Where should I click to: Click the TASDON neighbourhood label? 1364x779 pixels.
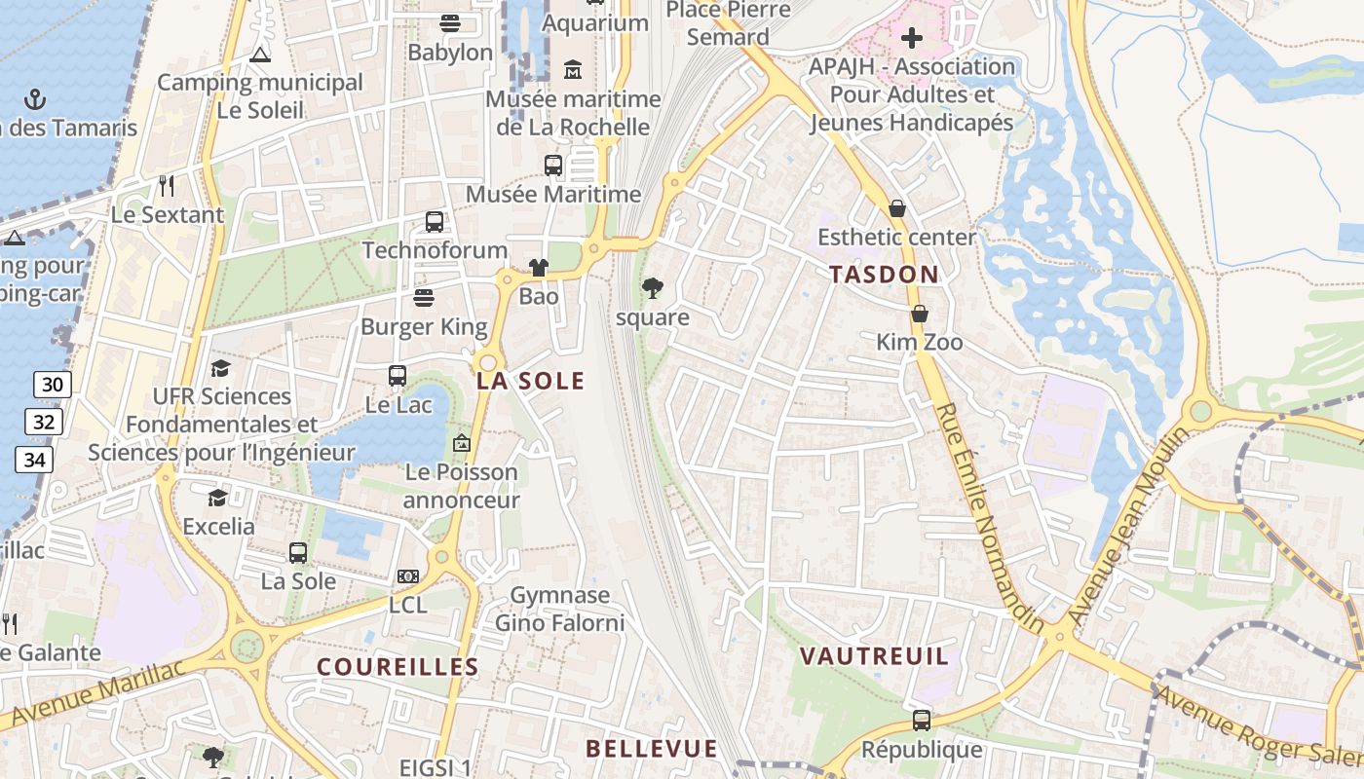(885, 275)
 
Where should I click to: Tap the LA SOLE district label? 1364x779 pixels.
(531, 381)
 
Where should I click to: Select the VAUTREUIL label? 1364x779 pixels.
(874, 656)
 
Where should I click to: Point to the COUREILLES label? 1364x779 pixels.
(398, 667)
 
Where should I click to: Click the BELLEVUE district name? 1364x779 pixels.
(652, 749)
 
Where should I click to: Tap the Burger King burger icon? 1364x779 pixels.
(424, 297)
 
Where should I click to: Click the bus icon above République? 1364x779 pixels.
(922, 721)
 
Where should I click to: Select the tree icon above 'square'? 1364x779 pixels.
(653, 287)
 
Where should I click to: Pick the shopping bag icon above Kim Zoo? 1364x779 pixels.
(919, 314)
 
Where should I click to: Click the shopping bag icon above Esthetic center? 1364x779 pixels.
(896, 208)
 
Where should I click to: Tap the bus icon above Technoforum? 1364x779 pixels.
(435, 222)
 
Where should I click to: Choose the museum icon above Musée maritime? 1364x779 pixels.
(573, 70)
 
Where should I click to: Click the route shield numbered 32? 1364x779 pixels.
(44, 422)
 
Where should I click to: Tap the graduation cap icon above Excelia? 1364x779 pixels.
(218, 499)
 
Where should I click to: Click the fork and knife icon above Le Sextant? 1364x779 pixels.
(168, 185)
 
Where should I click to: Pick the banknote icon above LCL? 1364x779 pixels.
(408, 576)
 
